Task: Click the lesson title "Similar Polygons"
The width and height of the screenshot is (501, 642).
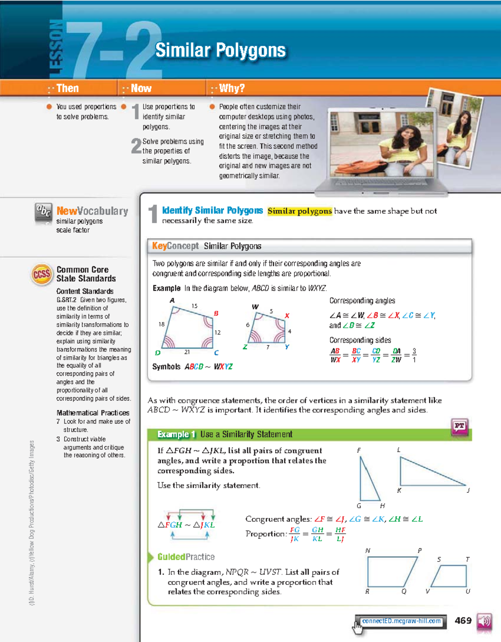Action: coord(220,51)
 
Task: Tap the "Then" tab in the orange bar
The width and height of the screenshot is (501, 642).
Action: coord(67,88)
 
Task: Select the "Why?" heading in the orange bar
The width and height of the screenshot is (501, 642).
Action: coord(231,88)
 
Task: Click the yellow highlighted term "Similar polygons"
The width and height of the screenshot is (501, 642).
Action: coord(299,211)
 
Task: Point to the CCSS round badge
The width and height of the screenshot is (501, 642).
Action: coord(42,275)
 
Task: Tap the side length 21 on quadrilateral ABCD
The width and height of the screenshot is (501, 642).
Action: coord(187,352)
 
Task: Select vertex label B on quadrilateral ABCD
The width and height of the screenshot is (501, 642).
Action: coord(216,313)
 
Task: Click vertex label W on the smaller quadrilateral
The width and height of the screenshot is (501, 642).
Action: coord(255,307)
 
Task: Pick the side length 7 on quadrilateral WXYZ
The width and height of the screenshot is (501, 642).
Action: coord(268,347)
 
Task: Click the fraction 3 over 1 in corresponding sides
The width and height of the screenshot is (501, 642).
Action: coord(414,355)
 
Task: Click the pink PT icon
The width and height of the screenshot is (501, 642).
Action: coord(459,427)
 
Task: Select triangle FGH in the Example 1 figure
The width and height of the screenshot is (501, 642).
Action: coord(368,481)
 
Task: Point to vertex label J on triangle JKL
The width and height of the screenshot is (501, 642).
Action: coord(468,491)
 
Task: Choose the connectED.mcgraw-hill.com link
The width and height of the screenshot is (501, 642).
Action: coord(401,621)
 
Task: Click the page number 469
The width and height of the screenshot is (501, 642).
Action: coord(463,621)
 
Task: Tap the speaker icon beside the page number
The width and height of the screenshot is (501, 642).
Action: coord(484,622)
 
